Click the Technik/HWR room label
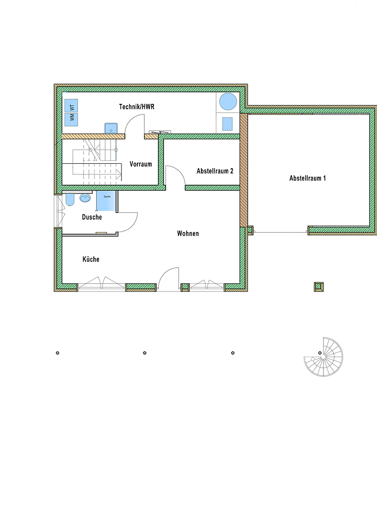[x=136, y=107]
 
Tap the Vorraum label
[x=141, y=164]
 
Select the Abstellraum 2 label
[x=215, y=171]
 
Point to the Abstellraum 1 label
[x=308, y=179]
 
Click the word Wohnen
[x=188, y=234]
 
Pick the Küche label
[x=91, y=259]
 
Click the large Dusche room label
[x=92, y=217]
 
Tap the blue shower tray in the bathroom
[x=106, y=201]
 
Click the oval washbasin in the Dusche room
[x=85, y=198]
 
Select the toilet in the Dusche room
[x=70, y=199]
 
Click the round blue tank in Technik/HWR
[x=228, y=101]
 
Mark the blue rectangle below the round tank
[x=227, y=124]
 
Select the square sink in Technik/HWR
[x=111, y=128]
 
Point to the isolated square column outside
[x=319, y=287]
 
